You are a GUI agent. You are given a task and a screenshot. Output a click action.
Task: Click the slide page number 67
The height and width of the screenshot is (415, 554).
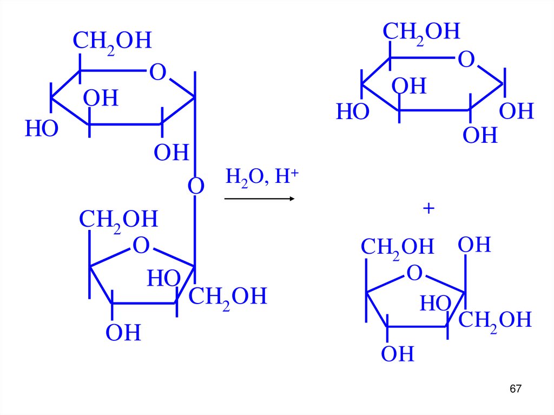[516, 389]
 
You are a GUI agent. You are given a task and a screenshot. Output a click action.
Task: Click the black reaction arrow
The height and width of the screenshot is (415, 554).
[259, 199]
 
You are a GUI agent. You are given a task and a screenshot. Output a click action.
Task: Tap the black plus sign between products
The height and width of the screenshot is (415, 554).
[429, 209]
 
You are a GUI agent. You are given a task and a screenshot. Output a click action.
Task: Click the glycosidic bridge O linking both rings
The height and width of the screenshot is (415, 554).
[195, 187]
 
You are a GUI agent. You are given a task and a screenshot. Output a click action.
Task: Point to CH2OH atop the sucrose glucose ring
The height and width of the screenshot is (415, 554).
[112, 41]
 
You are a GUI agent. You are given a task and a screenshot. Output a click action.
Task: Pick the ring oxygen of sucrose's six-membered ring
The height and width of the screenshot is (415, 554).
[157, 72]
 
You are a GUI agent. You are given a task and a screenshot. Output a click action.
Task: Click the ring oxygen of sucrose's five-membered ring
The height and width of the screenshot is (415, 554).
[141, 246]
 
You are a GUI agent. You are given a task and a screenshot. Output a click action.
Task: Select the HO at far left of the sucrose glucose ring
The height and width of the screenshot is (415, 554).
[41, 129]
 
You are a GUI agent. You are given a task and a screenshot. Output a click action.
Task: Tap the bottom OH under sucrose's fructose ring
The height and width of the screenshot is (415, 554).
[123, 333]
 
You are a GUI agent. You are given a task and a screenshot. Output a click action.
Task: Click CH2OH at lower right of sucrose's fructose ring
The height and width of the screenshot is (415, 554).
[228, 297]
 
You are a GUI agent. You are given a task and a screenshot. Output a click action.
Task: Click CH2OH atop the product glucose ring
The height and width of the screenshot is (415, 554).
[421, 32]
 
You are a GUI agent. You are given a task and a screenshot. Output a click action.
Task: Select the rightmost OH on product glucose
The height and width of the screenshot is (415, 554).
[516, 111]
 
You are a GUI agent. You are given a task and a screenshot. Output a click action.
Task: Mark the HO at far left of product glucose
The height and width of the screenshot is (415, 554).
[352, 113]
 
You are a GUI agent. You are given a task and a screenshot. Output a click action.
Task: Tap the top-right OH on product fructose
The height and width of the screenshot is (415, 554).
[474, 245]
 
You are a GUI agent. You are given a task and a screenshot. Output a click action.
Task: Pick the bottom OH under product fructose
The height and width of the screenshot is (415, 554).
[397, 354]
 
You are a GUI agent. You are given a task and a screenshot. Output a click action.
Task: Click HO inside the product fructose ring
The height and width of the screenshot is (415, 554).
[436, 304]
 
